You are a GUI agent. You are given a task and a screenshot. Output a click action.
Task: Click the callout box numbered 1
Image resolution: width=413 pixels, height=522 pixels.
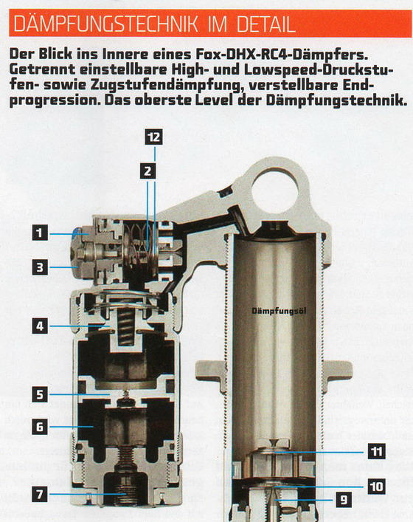[41, 233]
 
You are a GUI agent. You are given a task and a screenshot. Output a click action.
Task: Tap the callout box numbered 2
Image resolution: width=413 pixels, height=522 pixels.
[148, 171]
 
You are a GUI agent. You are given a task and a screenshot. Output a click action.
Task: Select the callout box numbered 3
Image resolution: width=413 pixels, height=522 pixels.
[41, 267]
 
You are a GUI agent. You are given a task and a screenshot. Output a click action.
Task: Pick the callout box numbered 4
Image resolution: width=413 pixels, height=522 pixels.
[41, 326]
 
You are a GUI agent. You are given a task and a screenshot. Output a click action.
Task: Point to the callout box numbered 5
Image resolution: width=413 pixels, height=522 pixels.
[41, 394]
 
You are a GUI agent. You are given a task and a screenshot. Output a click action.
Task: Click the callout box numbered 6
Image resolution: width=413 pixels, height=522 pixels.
[41, 427]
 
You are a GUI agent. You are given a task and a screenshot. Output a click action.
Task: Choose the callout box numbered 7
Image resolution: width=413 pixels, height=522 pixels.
[41, 494]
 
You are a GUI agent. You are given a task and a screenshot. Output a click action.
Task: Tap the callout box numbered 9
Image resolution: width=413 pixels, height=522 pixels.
[344, 499]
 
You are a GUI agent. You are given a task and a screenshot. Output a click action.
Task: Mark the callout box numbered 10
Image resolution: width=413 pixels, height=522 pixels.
[377, 487]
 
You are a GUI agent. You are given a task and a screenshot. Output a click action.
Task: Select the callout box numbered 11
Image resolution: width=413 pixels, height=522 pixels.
[377, 452]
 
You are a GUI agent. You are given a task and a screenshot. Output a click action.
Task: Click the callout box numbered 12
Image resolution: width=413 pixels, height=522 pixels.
[153, 137]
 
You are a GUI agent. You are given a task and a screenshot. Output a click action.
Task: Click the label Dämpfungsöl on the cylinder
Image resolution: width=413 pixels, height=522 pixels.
[279, 312]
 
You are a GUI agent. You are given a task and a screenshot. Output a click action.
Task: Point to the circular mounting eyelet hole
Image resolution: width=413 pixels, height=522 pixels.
[275, 189]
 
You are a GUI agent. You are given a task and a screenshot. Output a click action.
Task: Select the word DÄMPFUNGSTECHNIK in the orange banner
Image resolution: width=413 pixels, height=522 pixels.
[105, 24]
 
